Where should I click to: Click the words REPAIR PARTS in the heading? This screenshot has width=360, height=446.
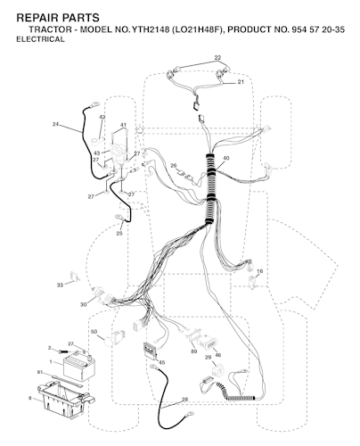coord(58,18)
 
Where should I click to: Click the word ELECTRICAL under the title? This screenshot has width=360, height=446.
coord(40,39)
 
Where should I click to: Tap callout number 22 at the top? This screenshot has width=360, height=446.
coord(217,58)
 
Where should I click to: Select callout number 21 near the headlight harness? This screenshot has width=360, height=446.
coord(241,82)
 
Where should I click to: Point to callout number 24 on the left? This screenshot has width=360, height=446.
coord(55,124)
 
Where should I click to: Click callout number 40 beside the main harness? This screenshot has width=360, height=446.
coord(225,159)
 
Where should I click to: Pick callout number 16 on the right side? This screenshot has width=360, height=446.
coord(259,271)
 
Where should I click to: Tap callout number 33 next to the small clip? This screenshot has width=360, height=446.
coord(60,285)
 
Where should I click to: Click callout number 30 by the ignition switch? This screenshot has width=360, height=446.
coord(84,304)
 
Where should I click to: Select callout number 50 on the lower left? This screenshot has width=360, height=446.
coord(94,332)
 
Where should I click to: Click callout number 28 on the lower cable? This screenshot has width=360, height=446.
coord(184,400)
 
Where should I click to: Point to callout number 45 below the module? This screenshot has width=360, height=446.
coord(162,362)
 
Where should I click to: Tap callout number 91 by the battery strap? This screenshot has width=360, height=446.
coord(40,372)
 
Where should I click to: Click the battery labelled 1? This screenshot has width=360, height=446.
coord(79,368)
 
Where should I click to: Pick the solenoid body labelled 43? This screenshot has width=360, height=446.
coord(118,154)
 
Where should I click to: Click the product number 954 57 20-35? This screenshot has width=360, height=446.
coord(316,29)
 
